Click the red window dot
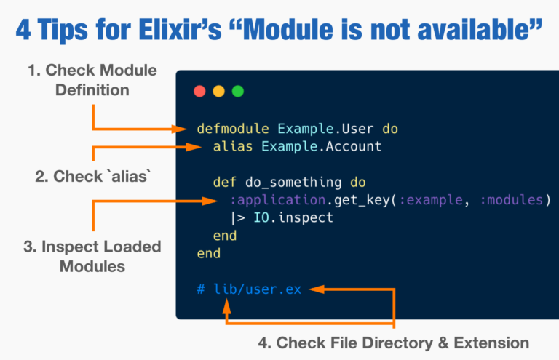point(199,92)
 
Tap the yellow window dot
point(218,92)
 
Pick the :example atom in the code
point(430,200)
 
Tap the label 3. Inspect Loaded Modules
point(92,256)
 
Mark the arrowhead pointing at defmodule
point(183,129)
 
